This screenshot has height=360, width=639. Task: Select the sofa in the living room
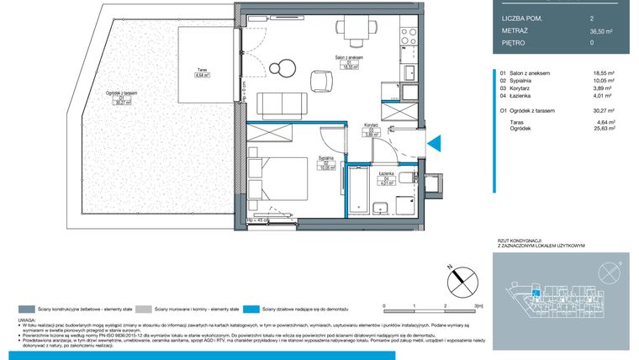[279, 104]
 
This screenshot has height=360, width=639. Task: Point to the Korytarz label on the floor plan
[368, 124]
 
